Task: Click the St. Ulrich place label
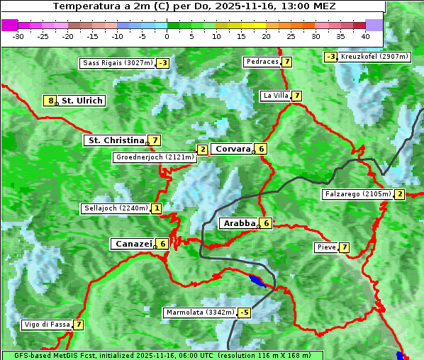[x=82, y=101]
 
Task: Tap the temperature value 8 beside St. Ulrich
[x=50, y=101]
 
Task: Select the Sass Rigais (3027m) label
[x=117, y=63]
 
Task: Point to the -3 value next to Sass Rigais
[x=163, y=63]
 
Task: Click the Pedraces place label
[x=262, y=62]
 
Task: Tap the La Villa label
[x=275, y=96]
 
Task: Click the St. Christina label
[x=115, y=140]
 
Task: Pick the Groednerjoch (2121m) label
[x=155, y=157]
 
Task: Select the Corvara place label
[x=233, y=149]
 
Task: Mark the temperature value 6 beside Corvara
[x=261, y=149]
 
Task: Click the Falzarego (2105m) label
[x=357, y=193]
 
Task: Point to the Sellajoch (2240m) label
[x=116, y=208]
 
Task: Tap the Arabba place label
[x=239, y=223]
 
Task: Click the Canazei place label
[x=133, y=244]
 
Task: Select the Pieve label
[x=326, y=247]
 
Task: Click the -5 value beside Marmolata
[x=245, y=313]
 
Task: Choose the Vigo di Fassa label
[x=48, y=325]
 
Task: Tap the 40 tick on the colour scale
[x=365, y=36]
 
